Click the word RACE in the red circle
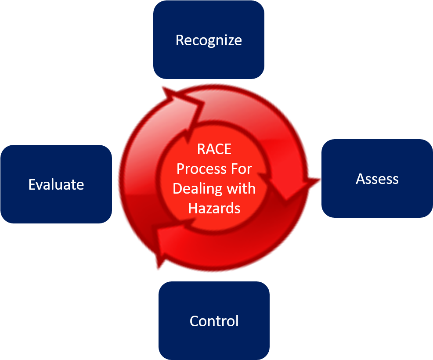pyautogui.click(x=214, y=149)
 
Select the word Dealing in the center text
pyautogui.click(x=195, y=188)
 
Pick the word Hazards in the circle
pyautogui.click(x=214, y=208)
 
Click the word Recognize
pyautogui.click(x=209, y=40)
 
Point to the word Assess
pyautogui.click(x=377, y=179)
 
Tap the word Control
pyautogui.click(x=214, y=321)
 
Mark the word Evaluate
pyautogui.click(x=56, y=184)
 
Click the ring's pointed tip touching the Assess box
pyautogui.click(x=318, y=179)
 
